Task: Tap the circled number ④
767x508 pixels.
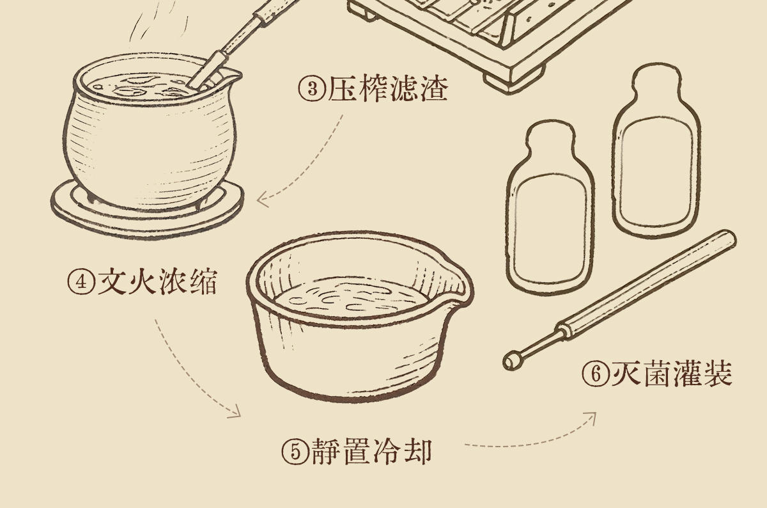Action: (x=81, y=282)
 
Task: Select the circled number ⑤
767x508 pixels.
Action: (x=296, y=451)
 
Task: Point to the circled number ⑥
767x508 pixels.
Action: (x=596, y=374)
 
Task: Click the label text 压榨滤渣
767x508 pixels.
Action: (x=388, y=89)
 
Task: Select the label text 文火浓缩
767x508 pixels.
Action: (x=157, y=282)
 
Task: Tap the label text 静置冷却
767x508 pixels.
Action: (x=372, y=451)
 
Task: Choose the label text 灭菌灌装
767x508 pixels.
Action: (x=672, y=374)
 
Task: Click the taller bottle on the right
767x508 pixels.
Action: (x=656, y=150)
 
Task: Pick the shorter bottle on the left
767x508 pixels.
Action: (x=550, y=208)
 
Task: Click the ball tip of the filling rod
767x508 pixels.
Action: (x=513, y=360)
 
